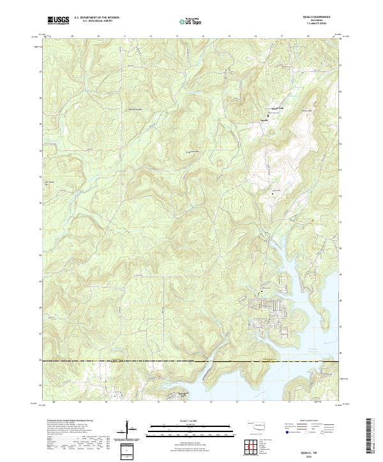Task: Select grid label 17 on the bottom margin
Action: click(282, 403)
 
